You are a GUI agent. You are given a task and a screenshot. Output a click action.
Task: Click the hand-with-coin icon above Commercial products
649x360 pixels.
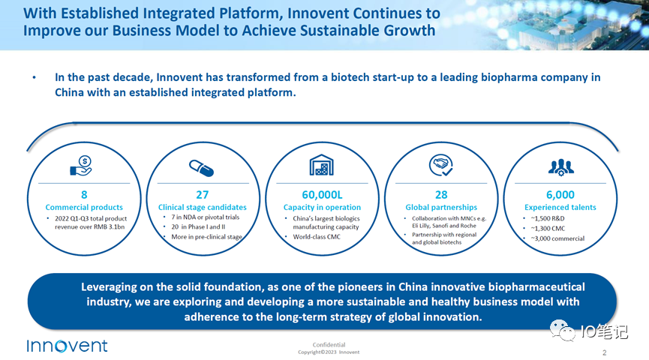pyautogui.click(x=82, y=166)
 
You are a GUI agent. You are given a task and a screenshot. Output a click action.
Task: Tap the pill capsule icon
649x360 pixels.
pyautogui.click(x=202, y=168)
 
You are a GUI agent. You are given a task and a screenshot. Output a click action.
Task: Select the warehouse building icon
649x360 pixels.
pyautogui.click(x=322, y=165)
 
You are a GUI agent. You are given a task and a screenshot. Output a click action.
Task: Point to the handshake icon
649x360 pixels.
pyautogui.click(x=441, y=165)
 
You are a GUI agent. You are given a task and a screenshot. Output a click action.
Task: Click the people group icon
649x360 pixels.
pyautogui.click(x=560, y=167)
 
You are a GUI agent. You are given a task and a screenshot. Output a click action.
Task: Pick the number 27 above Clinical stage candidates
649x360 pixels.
pyautogui.click(x=202, y=194)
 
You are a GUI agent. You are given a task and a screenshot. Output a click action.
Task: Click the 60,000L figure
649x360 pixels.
pyautogui.click(x=322, y=194)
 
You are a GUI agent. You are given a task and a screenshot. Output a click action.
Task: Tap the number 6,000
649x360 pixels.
pyautogui.click(x=560, y=194)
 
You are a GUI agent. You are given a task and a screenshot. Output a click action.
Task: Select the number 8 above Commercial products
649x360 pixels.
pyautogui.click(x=85, y=194)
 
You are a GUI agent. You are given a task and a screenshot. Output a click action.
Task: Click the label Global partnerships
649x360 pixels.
pyautogui.click(x=441, y=207)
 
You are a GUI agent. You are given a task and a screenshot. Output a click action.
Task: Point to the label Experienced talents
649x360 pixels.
pyautogui.click(x=560, y=207)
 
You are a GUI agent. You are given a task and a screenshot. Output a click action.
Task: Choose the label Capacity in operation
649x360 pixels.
pyautogui.click(x=322, y=207)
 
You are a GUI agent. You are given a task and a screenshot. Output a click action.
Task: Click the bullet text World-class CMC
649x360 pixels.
pyautogui.click(x=317, y=237)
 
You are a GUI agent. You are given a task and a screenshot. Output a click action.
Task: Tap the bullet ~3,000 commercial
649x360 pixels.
pyautogui.click(x=557, y=238)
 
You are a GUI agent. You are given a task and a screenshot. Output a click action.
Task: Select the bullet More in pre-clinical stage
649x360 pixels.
pyautogui.click(x=207, y=237)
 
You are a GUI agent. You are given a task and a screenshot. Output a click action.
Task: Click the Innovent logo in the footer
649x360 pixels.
pyautogui.click(x=67, y=346)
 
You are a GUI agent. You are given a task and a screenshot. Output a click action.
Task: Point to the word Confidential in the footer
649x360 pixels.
pyautogui.click(x=329, y=345)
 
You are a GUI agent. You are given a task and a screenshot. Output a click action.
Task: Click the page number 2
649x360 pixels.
pyautogui.click(x=604, y=352)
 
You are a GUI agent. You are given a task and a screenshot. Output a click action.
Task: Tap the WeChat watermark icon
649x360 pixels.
pyautogui.click(x=562, y=331)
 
